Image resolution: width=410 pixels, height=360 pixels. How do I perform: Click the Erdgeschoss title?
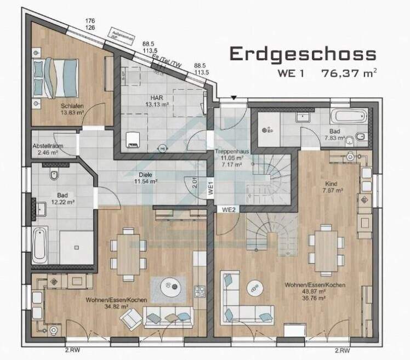[x=303, y=54]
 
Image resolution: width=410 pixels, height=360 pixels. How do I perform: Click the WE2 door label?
[x=229, y=209]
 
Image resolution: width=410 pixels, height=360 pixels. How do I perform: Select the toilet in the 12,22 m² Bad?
[x=53, y=175]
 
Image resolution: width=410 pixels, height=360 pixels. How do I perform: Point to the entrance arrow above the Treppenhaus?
[x=234, y=98]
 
